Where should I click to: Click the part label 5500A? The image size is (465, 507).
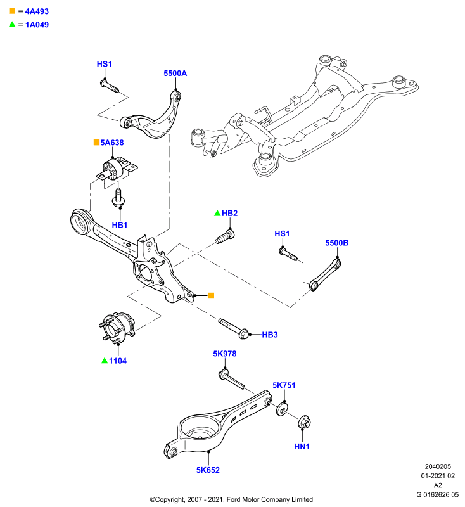(x=175, y=74)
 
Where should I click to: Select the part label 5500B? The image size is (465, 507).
(x=336, y=243)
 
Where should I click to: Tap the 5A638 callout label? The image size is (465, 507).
(x=111, y=143)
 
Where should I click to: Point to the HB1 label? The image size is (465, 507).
(x=120, y=225)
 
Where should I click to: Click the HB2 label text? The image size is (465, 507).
(x=230, y=213)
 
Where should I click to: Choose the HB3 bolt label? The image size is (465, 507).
(x=270, y=335)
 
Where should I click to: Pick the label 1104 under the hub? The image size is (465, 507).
(x=118, y=361)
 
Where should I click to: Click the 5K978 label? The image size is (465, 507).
(x=225, y=354)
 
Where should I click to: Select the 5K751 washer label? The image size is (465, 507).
(x=284, y=385)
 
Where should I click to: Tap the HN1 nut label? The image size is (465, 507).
(x=302, y=447)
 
